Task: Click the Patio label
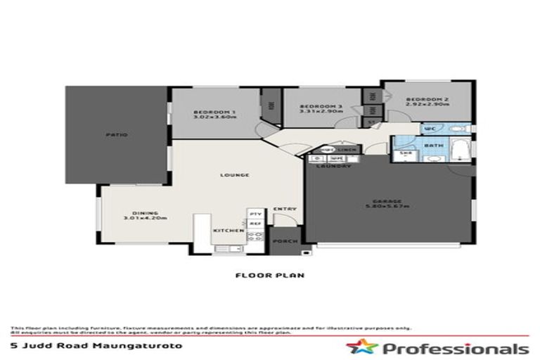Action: pos(117,134)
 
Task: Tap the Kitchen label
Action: pos(233,230)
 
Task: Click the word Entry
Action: pos(285,208)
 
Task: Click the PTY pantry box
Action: pos(255,213)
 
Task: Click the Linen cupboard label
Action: pos(345,150)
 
